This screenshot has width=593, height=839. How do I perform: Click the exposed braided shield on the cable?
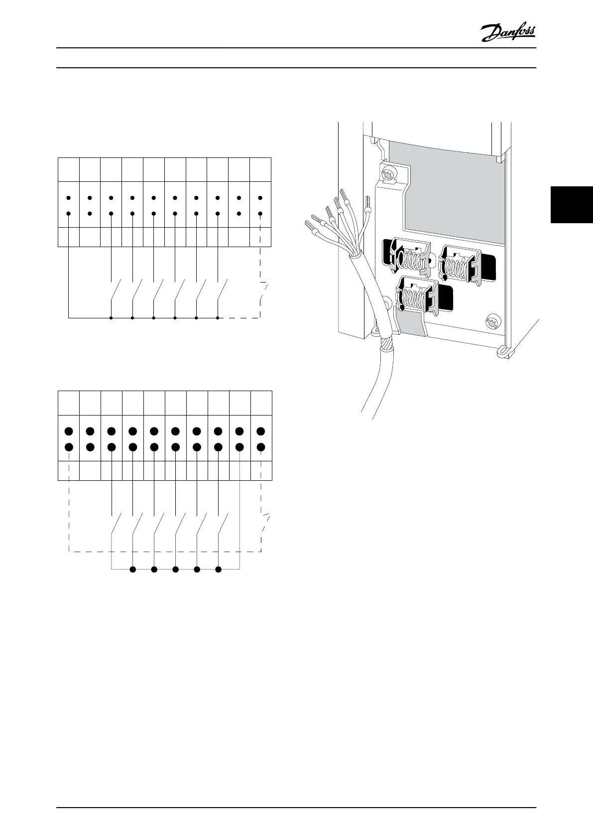pos(387,344)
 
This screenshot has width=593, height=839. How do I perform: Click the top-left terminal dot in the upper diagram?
pos(68,198)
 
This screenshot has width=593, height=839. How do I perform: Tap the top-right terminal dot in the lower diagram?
pos(261,430)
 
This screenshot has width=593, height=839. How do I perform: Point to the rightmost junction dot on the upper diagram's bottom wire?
pos(218,317)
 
